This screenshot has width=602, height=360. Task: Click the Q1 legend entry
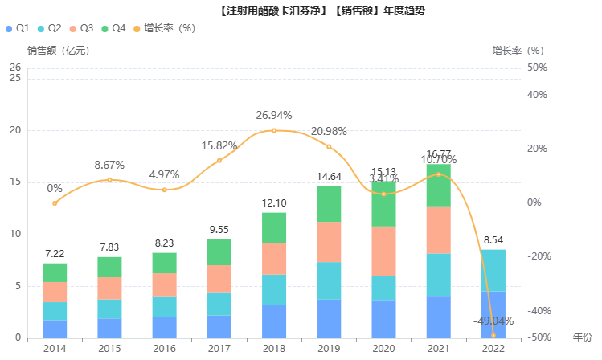coord(17,28)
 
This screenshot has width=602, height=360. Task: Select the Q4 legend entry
coord(113,28)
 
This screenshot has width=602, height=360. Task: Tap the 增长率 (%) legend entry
coord(164,28)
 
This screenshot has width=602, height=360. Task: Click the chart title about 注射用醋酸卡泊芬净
coord(321,10)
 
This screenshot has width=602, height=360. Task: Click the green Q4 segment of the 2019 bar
coord(329,204)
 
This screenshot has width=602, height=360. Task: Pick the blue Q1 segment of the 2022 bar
coord(493,314)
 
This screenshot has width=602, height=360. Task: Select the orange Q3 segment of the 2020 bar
coord(383,251)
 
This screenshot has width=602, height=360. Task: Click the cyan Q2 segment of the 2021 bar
coord(438,275)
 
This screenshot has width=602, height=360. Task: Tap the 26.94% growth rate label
coord(274,115)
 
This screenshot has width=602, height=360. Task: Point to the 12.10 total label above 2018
coord(274,203)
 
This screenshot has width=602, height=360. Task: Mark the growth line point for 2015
coord(109,179)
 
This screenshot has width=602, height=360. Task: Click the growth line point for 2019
coord(329,146)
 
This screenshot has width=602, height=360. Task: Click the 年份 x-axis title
coord(582,337)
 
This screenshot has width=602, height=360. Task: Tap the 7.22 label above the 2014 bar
coord(55,254)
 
